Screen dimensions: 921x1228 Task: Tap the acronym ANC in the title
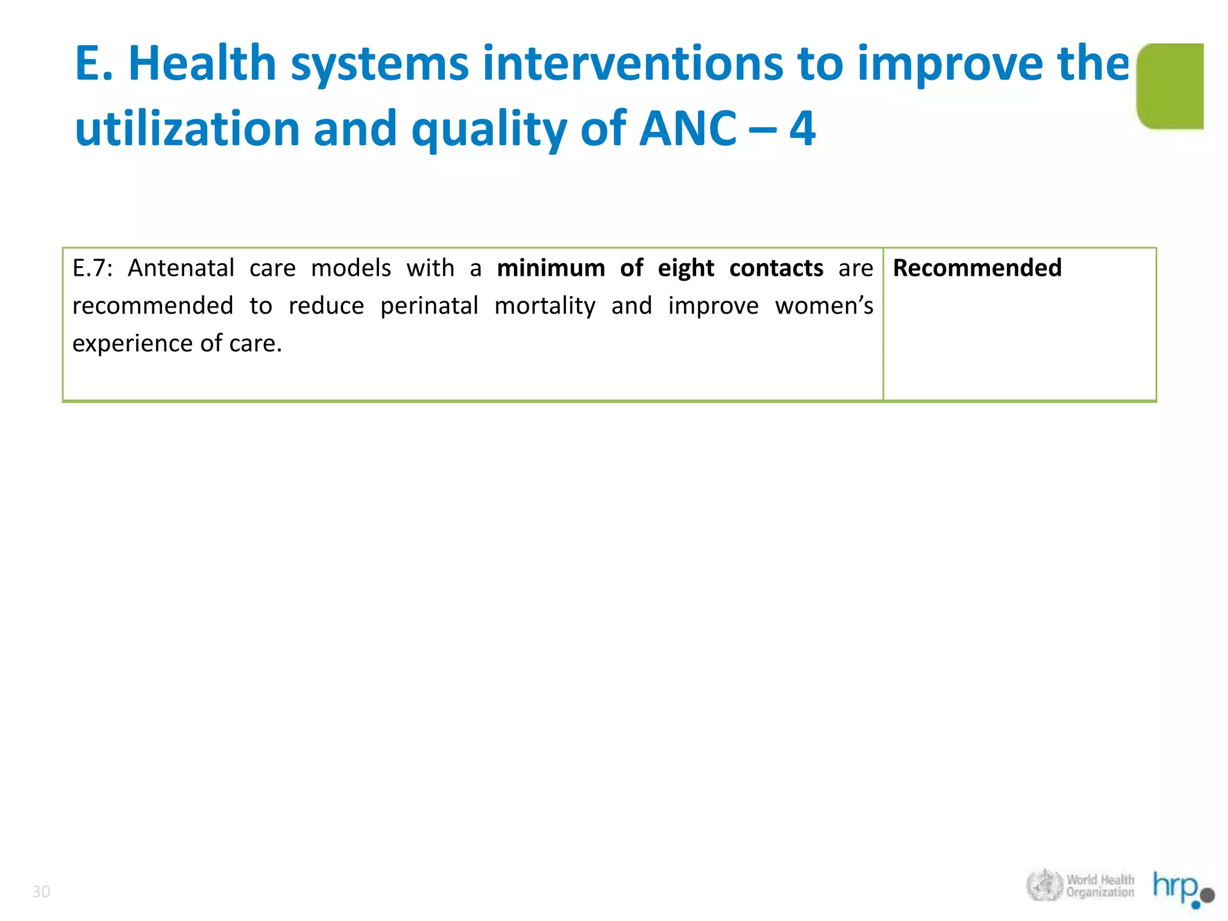[687, 128]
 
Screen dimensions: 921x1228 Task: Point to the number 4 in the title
[802, 128]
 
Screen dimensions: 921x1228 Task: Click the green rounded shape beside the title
[1170, 86]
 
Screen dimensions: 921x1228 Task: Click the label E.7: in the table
[92, 268]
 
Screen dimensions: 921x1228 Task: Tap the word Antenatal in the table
[181, 268]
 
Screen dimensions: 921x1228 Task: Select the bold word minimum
[551, 268]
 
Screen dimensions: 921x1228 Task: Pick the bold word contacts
[776, 268]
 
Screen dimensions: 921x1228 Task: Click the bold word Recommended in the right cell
[977, 268]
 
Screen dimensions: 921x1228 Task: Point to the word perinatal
[429, 306]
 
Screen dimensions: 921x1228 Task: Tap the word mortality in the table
[544, 306]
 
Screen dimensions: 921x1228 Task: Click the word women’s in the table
[824, 306]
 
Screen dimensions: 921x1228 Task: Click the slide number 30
[41, 892]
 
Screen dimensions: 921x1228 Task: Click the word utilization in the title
[186, 128]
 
